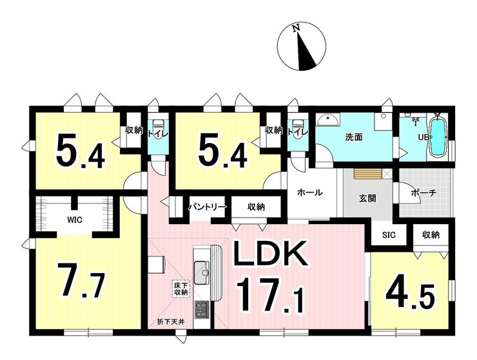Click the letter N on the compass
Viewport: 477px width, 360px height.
[297, 28]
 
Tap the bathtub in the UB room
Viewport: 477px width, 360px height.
[437, 137]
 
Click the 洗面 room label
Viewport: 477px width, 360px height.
[354, 137]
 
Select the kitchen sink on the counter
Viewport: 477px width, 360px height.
[202, 269]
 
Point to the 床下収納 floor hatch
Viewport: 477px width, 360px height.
[180, 289]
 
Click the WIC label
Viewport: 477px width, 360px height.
[75, 220]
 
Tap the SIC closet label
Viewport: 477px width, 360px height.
[389, 234]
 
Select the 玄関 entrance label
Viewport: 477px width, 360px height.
[367, 198]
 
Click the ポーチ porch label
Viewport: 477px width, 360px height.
[423, 193]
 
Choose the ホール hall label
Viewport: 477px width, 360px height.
[309, 193]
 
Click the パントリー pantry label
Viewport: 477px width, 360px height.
[207, 207]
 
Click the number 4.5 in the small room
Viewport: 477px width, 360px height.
[410, 296]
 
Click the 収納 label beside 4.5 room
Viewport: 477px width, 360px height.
[431, 234]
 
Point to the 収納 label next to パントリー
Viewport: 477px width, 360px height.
[256, 207]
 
